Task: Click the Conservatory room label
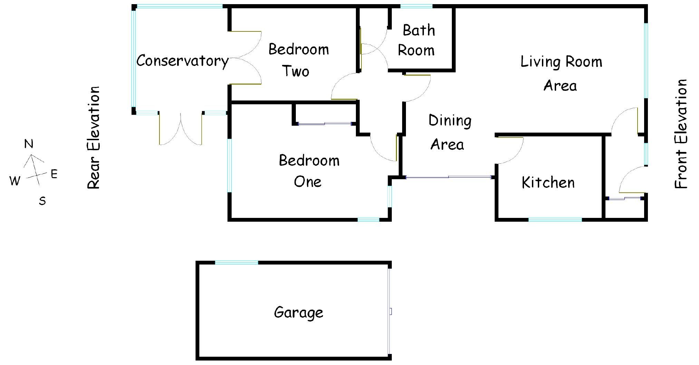tap(182, 61)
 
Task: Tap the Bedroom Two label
tap(298, 60)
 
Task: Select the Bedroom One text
tap(309, 171)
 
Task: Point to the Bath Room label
tap(417, 40)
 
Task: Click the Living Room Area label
tap(561, 74)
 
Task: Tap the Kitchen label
tap(548, 183)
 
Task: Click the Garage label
tap(299, 313)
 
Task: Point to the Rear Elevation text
tap(94, 137)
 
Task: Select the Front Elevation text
tap(681, 134)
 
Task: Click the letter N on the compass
tap(29, 144)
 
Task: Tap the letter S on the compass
tap(42, 201)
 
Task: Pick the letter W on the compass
tap(14, 180)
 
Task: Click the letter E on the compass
tap(54, 174)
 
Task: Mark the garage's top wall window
tap(236, 263)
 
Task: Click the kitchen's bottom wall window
tap(555, 220)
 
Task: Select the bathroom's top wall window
tap(416, 6)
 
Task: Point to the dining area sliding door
tap(448, 177)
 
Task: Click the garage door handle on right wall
tap(390, 311)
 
